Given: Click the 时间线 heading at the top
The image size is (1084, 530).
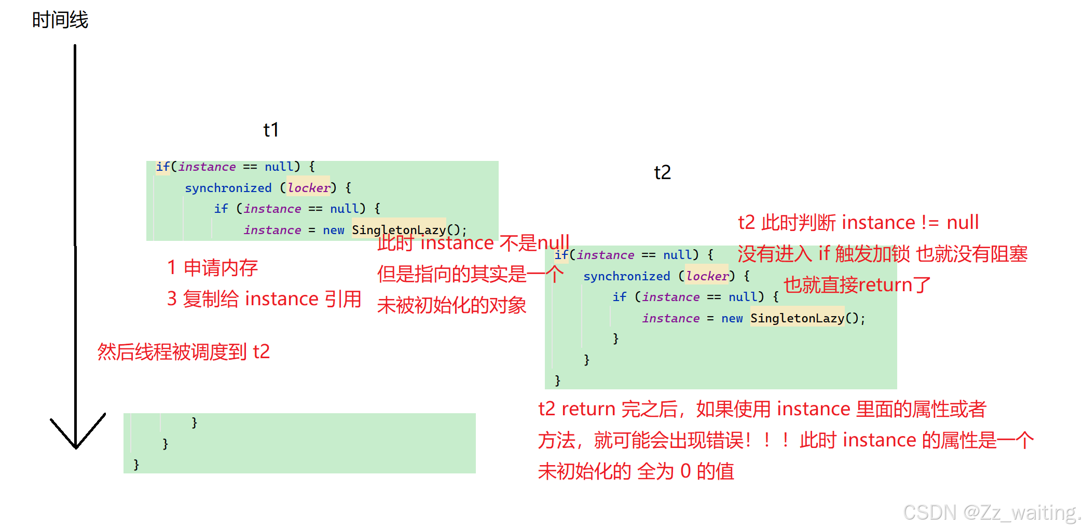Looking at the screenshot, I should pos(60,20).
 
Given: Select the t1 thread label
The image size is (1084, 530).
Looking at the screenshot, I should pos(271,130).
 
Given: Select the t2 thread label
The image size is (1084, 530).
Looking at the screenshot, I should pos(662,172).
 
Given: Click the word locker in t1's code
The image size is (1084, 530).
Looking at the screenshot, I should pos(309,188).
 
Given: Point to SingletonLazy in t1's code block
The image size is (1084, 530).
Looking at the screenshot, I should pos(399,230).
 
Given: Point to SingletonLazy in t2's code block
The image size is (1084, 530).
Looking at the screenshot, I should pos(797,318).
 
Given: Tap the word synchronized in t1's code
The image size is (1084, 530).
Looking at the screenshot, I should pos(228,188).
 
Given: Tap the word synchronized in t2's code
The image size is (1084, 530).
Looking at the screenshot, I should pos(627,276).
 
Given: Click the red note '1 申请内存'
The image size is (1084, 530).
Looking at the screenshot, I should pos(212,268).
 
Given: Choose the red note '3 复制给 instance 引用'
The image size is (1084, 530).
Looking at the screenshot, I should pos(264,299).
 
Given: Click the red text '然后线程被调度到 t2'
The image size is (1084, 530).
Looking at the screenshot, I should pos(184,352).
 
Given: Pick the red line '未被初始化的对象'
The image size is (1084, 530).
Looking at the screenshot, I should pos(451,305).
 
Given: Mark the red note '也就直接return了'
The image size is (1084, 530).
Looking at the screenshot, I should pos(857,285).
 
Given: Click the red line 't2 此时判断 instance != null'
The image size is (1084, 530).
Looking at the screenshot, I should pos(858,223).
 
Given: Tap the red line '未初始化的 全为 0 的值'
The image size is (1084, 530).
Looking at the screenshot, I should pos(636,471).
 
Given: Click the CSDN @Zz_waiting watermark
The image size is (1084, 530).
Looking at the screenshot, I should pos(991,512).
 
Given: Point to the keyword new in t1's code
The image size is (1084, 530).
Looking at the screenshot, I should pos(334,230).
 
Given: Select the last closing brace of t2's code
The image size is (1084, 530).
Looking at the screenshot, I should pos(558,380).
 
